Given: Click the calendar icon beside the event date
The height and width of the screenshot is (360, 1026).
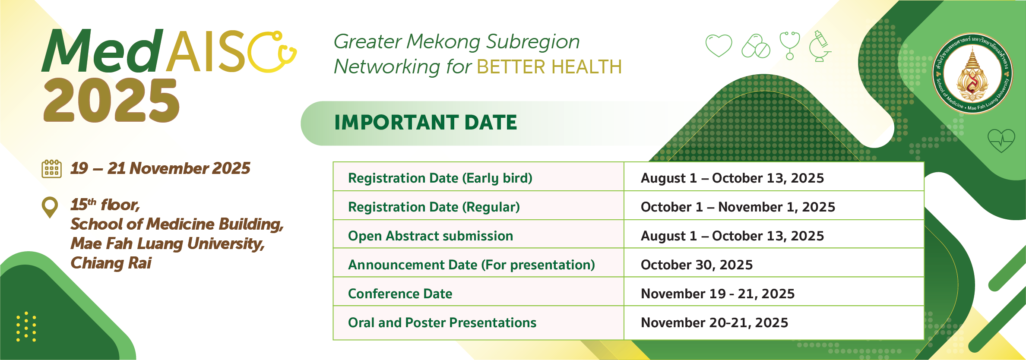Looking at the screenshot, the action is coord(51,169).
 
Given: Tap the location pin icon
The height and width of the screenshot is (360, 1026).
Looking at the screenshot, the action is coord(50,207).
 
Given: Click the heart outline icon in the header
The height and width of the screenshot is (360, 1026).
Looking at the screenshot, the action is coord(719,45).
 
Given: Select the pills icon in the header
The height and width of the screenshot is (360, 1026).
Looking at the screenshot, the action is coord(756,46).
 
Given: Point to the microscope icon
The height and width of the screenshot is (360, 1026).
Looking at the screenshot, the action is coord(820,46).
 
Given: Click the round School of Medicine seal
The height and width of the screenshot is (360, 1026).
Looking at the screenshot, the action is coord(972,74).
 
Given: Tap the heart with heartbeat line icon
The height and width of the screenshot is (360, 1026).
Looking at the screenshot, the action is coord(1001,141).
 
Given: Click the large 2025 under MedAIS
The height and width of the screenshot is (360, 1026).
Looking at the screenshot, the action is coord(111,101).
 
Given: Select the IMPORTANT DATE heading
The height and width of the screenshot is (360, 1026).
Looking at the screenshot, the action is coord(426,122).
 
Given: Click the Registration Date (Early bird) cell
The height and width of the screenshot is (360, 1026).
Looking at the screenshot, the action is coord(440,178).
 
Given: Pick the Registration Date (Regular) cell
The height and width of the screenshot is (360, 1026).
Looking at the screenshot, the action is coord(434,207).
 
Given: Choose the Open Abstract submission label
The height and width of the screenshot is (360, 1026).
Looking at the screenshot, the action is coord(431,236).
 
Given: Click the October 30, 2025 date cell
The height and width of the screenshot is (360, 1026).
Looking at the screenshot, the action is coord(697,265).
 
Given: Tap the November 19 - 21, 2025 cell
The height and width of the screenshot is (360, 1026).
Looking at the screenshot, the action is coord(718,294).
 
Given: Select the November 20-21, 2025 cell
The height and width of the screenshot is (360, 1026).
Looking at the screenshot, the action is coord(714,322).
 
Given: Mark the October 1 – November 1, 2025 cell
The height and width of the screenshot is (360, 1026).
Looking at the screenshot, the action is coord(738,207).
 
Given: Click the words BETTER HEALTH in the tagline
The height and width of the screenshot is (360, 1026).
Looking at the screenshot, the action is coord(549,67).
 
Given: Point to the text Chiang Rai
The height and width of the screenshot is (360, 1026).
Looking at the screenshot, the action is coord(111,263).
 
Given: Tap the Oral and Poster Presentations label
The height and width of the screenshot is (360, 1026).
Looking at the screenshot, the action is coord(442,322).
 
